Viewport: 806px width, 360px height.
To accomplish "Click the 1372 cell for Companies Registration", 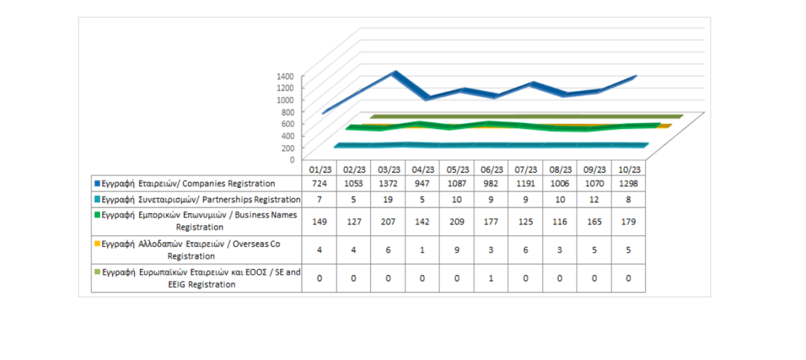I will (388, 183).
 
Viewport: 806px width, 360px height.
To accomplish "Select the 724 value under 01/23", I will (319, 183).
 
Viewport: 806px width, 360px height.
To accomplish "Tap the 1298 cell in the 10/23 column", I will (628, 183).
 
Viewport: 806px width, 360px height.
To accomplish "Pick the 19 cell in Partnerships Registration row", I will (388, 199).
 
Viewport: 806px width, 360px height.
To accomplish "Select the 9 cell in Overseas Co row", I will (457, 249).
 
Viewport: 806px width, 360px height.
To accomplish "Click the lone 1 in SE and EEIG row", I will (492, 278).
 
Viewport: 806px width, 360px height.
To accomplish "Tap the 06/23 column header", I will (492, 170).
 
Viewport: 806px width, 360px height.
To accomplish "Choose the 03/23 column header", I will (388, 170).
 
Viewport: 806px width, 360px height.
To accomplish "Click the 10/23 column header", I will (628, 170).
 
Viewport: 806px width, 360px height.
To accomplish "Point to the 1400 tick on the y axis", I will (285, 76).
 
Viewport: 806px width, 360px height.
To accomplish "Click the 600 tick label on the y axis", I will (287, 124).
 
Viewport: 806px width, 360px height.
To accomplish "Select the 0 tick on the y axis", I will (292, 159).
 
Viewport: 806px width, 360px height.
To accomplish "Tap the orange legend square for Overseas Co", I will (97, 244).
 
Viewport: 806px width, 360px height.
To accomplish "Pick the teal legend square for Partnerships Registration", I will (97, 199).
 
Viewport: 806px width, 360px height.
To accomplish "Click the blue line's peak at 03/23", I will (396, 73).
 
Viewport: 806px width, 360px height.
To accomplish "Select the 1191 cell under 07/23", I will (526, 183).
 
